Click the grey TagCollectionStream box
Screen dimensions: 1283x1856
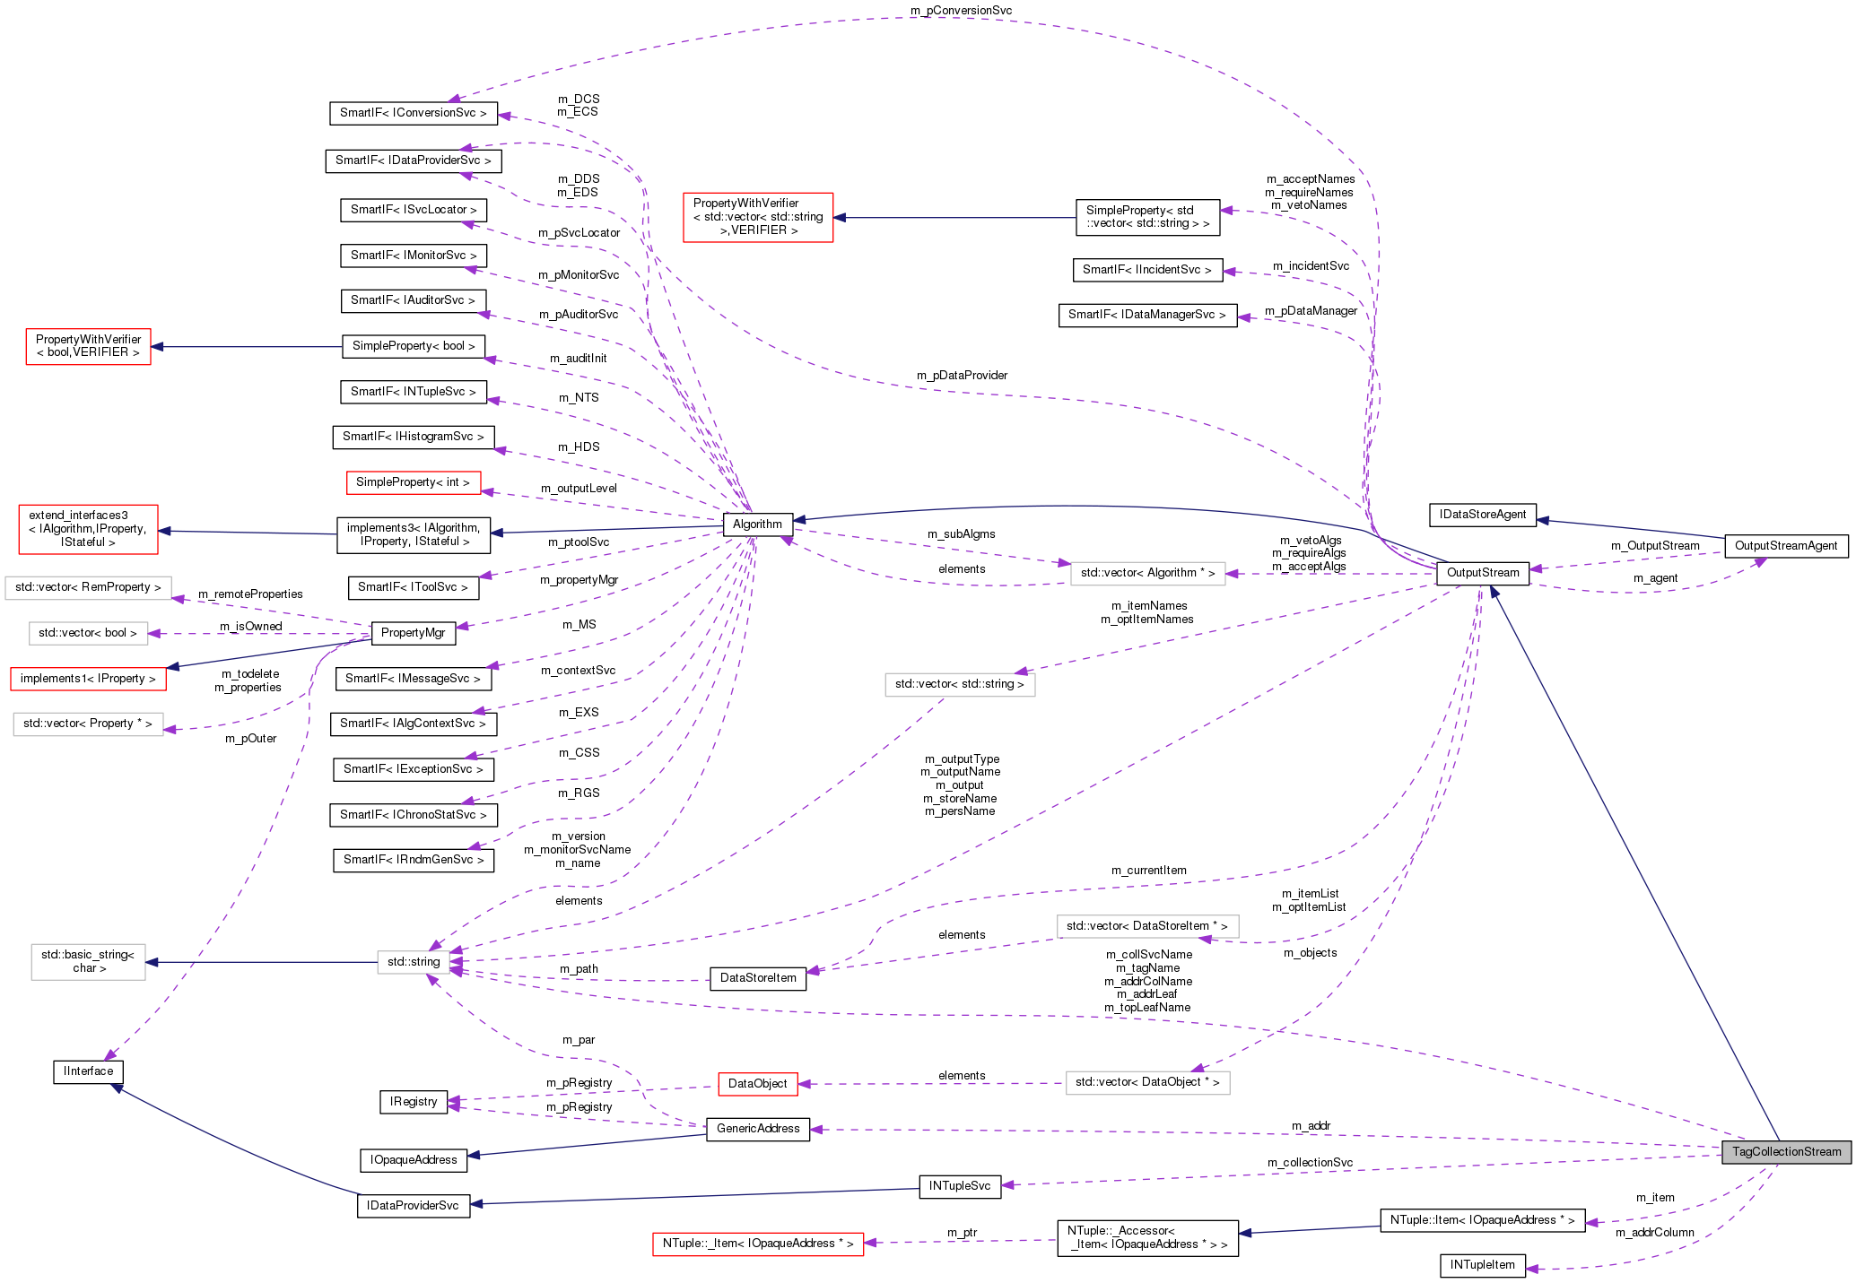pos(1786,1152)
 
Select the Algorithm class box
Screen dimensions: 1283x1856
pos(757,524)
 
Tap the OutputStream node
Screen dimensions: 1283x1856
pos(1483,573)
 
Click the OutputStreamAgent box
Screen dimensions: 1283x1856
pos(1785,546)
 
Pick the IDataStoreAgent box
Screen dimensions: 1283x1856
pos(1482,515)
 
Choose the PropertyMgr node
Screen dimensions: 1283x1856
pos(413,633)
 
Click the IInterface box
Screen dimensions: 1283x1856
pos(88,1071)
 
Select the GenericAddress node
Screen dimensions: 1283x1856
pos(758,1129)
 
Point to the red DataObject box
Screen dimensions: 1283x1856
pos(758,1084)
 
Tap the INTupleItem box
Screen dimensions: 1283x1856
pos(1482,1265)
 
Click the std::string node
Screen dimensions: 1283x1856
pos(414,962)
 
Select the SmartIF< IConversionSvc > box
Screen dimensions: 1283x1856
pos(413,113)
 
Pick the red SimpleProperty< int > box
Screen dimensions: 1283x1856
pos(413,482)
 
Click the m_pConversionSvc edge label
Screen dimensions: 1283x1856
pos(961,11)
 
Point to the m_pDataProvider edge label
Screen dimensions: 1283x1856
pos(962,376)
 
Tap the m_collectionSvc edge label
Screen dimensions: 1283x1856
pos(1310,1163)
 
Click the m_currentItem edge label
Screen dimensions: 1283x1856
pos(1148,871)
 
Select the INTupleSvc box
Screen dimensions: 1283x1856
pos(960,1186)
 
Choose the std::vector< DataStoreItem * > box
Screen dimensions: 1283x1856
pos(1146,926)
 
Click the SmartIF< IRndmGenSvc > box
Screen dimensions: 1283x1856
pos(413,860)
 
